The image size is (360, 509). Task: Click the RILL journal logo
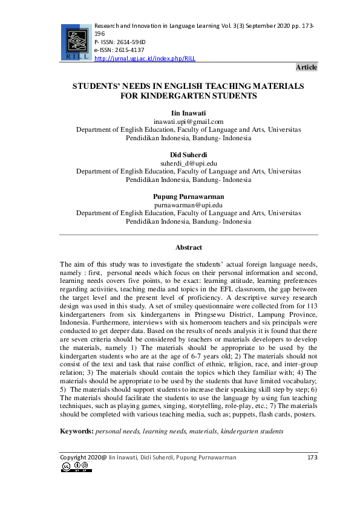[76, 42]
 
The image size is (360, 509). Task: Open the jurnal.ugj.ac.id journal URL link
[145, 59]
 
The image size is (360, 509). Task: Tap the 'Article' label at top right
[306, 67]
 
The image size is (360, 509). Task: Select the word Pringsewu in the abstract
[227, 315]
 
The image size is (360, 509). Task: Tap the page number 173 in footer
[312, 458]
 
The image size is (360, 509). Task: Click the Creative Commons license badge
[76, 467]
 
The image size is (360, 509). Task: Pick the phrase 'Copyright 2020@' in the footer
[82, 458]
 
